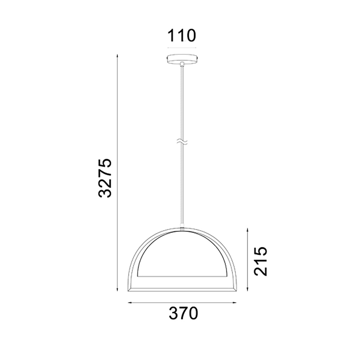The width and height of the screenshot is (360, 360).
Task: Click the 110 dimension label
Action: [182, 35]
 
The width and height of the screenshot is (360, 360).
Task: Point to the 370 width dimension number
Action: [183, 313]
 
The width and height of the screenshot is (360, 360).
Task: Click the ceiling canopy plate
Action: [182, 59]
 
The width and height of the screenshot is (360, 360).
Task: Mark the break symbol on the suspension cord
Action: [182, 142]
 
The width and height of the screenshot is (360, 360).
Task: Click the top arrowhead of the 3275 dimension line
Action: [117, 56]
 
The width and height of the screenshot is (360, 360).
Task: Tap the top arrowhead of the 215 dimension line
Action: [247, 230]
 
